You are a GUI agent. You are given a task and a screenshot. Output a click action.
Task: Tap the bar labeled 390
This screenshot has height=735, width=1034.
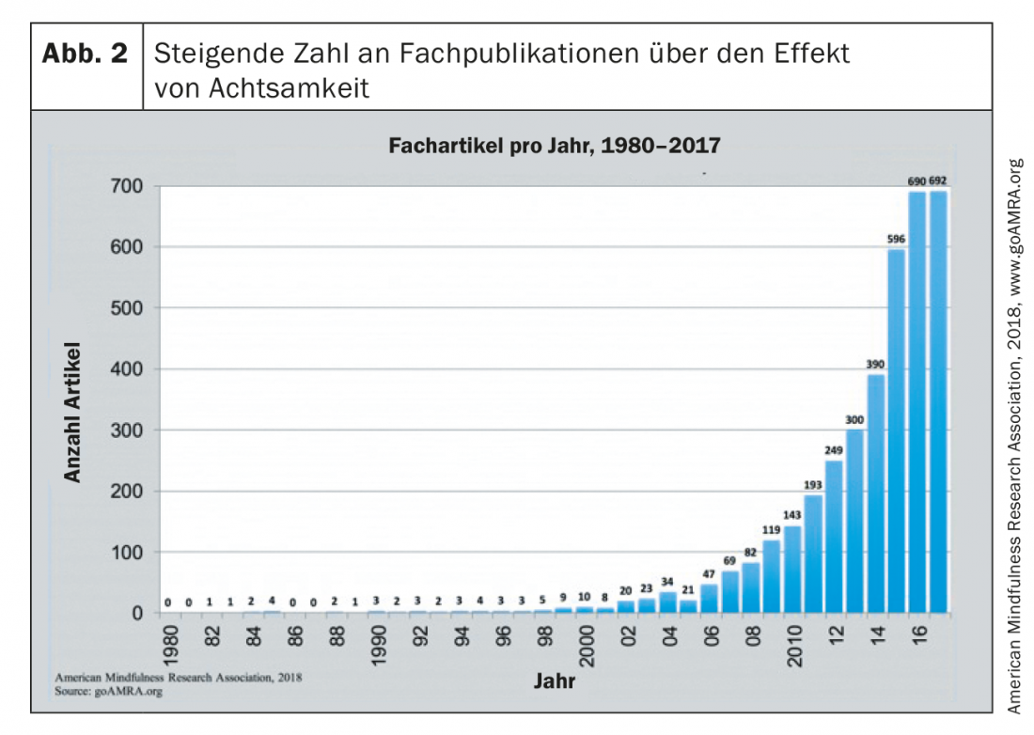point(876,493)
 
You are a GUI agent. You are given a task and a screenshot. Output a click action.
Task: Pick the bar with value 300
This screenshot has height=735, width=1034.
point(854,521)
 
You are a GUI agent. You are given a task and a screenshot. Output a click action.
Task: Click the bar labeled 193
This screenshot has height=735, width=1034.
point(813,554)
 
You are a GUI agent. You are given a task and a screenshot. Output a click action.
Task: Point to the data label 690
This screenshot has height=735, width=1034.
point(917,179)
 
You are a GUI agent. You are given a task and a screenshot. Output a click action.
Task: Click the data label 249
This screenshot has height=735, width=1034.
point(834,450)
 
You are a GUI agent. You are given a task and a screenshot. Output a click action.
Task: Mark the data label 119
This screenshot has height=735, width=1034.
point(772,530)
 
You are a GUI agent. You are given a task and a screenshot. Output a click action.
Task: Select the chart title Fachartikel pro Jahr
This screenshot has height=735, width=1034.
point(555,147)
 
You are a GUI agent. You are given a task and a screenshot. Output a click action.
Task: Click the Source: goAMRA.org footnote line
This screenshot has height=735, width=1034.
point(109,690)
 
